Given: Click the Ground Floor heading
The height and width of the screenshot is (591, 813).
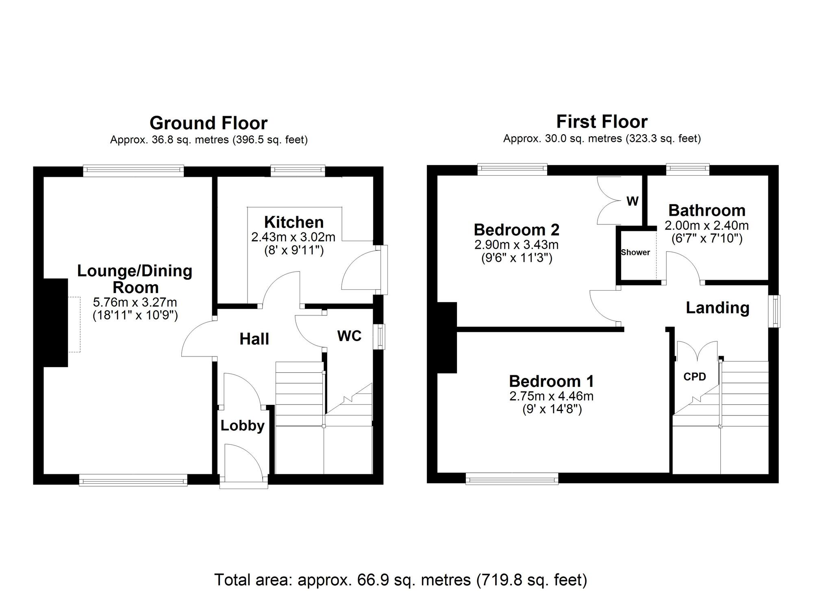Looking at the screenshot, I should tap(209, 123).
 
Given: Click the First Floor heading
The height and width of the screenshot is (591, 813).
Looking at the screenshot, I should tap(602, 122).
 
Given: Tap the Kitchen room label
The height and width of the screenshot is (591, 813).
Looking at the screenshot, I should tap(294, 222).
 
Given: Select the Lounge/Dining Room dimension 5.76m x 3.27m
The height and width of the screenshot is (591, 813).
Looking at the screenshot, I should tap(135, 302).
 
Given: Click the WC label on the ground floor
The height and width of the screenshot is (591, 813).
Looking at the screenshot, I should tap(349, 336).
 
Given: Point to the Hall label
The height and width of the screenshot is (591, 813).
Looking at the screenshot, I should tap(254, 339).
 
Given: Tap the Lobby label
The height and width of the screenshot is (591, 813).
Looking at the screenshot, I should tap(242, 426).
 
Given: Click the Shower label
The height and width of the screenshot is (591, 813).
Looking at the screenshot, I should tap(635, 252).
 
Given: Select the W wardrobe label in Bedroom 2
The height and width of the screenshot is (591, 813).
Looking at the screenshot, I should tap(633, 201).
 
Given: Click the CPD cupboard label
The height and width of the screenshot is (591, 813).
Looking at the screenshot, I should tap(695, 377).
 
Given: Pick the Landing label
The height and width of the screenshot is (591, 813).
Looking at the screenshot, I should tap(717, 308).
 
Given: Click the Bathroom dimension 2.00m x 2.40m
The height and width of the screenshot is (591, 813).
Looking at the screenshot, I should tap(706, 226).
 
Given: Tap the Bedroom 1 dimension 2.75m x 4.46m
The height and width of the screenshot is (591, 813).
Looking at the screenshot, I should tap(551, 396).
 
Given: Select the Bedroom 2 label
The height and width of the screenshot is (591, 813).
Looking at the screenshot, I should tap(516, 230).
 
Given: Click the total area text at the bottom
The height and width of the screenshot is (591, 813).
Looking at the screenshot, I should tap(400, 579).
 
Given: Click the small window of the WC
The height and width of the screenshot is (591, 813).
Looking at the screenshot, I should tap(380, 336).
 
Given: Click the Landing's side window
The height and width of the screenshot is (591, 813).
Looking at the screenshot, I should tap(776, 311).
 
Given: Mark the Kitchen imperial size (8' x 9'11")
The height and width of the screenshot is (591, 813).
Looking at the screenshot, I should tap(293, 250).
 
